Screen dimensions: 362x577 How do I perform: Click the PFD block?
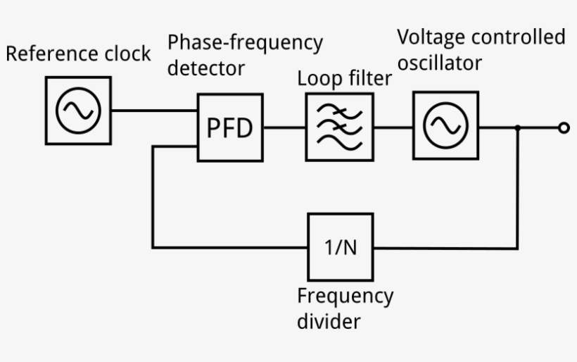click(229, 127)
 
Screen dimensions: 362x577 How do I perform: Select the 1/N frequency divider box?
click(341, 247)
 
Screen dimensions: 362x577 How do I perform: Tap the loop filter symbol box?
click(339, 127)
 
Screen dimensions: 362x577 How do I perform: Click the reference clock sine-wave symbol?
click(78, 111)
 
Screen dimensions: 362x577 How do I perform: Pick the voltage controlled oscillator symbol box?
click(445, 125)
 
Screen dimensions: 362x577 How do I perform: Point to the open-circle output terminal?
click(563, 127)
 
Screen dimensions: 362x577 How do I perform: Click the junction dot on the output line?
click(518, 127)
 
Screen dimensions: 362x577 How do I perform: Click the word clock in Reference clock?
click(128, 54)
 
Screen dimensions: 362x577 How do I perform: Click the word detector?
click(205, 68)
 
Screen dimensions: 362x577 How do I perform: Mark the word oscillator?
click(440, 63)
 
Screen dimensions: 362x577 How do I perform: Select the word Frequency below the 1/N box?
click(345, 295)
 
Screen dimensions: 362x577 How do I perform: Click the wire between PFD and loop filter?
click(284, 127)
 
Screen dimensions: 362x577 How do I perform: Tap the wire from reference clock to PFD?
click(153, 111)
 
